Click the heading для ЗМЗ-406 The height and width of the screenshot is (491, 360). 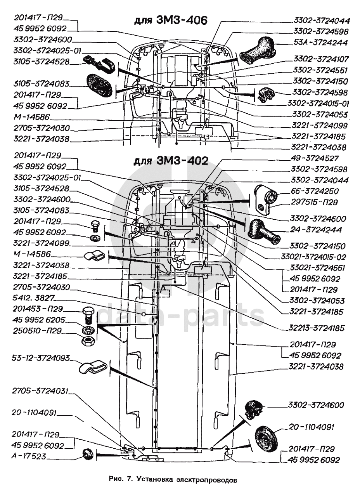tap(170, 21)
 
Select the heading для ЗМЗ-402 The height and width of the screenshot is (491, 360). tap(170, 161)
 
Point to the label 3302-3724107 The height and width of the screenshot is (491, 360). tap(321, 59)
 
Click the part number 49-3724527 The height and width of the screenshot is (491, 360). tap(315, 158)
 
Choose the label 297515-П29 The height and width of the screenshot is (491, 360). tap(314, 202)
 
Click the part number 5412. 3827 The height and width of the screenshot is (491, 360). tap(33, 298)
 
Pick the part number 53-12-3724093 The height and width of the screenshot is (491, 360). tap(41, 358)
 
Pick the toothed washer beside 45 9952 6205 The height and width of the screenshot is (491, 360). tap(88, 330)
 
